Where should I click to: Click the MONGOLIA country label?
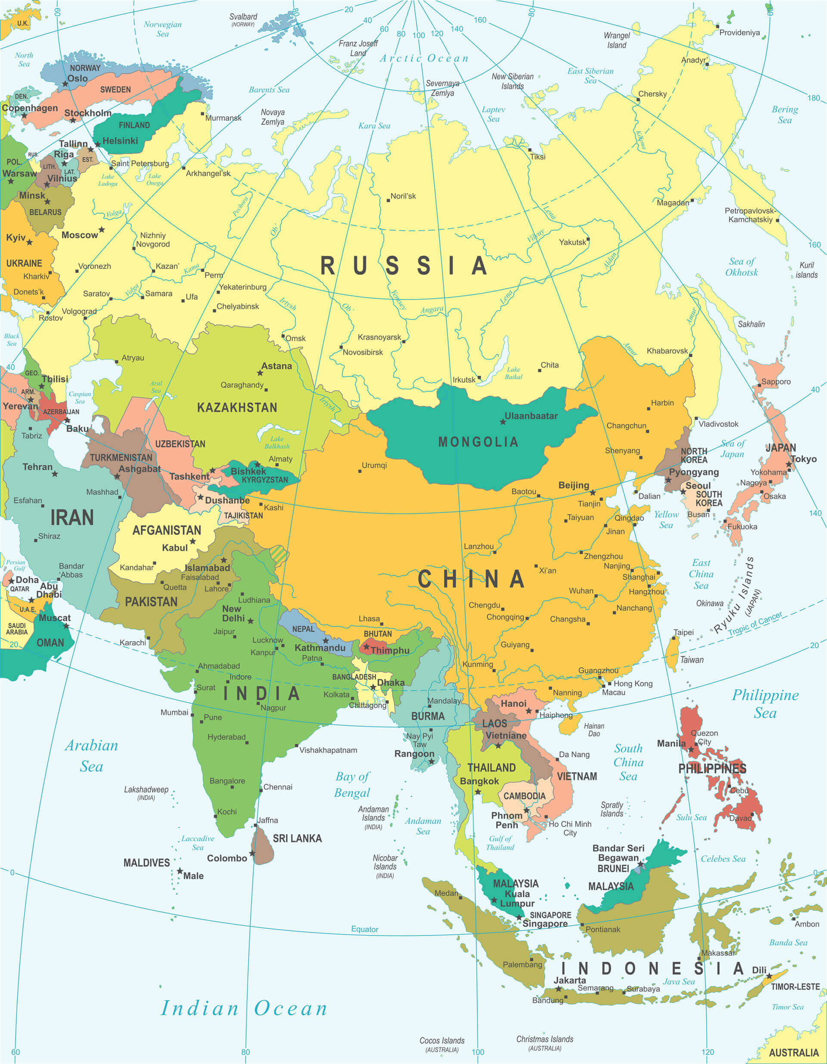[478, 442]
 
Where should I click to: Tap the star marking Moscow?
[101, 229]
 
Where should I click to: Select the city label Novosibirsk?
[362, 352]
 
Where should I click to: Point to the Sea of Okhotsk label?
[741, 267]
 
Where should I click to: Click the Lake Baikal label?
[513, 373]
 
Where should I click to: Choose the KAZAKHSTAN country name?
[237, 407]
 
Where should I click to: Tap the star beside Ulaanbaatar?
[503, 422]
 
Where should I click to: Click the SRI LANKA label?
[297, 839]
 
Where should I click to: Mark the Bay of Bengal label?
[352, 784]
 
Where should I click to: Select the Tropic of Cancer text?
[755, 624]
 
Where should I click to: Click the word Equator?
[364, 929]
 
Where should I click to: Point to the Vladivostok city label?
[718, 424]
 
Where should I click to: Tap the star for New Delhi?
[250, 621]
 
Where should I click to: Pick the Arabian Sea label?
[92, 755]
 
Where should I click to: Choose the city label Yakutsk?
[572, 242]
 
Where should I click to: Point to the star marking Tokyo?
[789, 465]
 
